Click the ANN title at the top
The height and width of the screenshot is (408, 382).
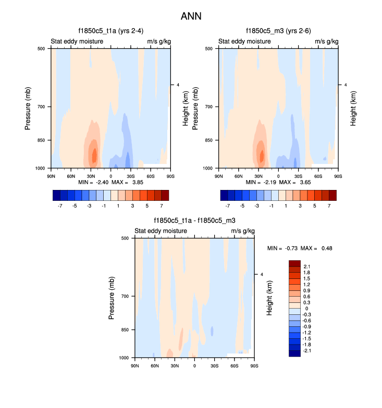191,16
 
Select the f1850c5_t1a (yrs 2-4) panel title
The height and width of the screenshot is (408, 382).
109,31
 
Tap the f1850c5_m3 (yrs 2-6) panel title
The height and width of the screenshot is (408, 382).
278,31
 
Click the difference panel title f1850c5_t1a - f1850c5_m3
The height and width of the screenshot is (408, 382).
194,221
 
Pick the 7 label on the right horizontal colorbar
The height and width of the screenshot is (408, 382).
329,206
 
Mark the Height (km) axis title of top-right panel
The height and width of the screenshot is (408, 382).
353,108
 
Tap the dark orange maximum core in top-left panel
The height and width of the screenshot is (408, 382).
94,155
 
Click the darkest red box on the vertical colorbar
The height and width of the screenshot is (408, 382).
294,263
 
